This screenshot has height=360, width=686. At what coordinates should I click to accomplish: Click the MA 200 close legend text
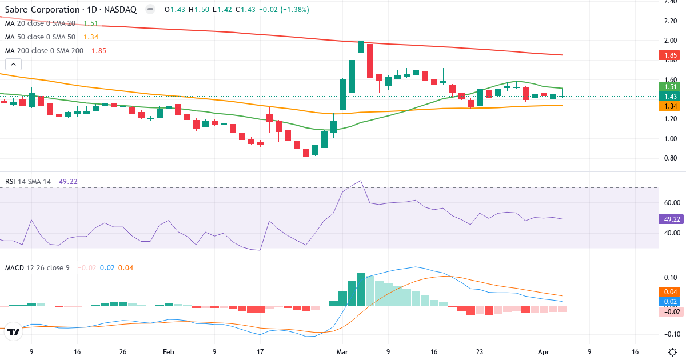(44, 50)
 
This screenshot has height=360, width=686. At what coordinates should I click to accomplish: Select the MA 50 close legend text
(42, 37)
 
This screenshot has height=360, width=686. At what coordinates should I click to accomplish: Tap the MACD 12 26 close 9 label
(37, 267)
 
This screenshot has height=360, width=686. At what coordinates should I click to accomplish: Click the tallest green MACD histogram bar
(361, 290)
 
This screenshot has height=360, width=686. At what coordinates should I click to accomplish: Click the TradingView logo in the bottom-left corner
(14, 331)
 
